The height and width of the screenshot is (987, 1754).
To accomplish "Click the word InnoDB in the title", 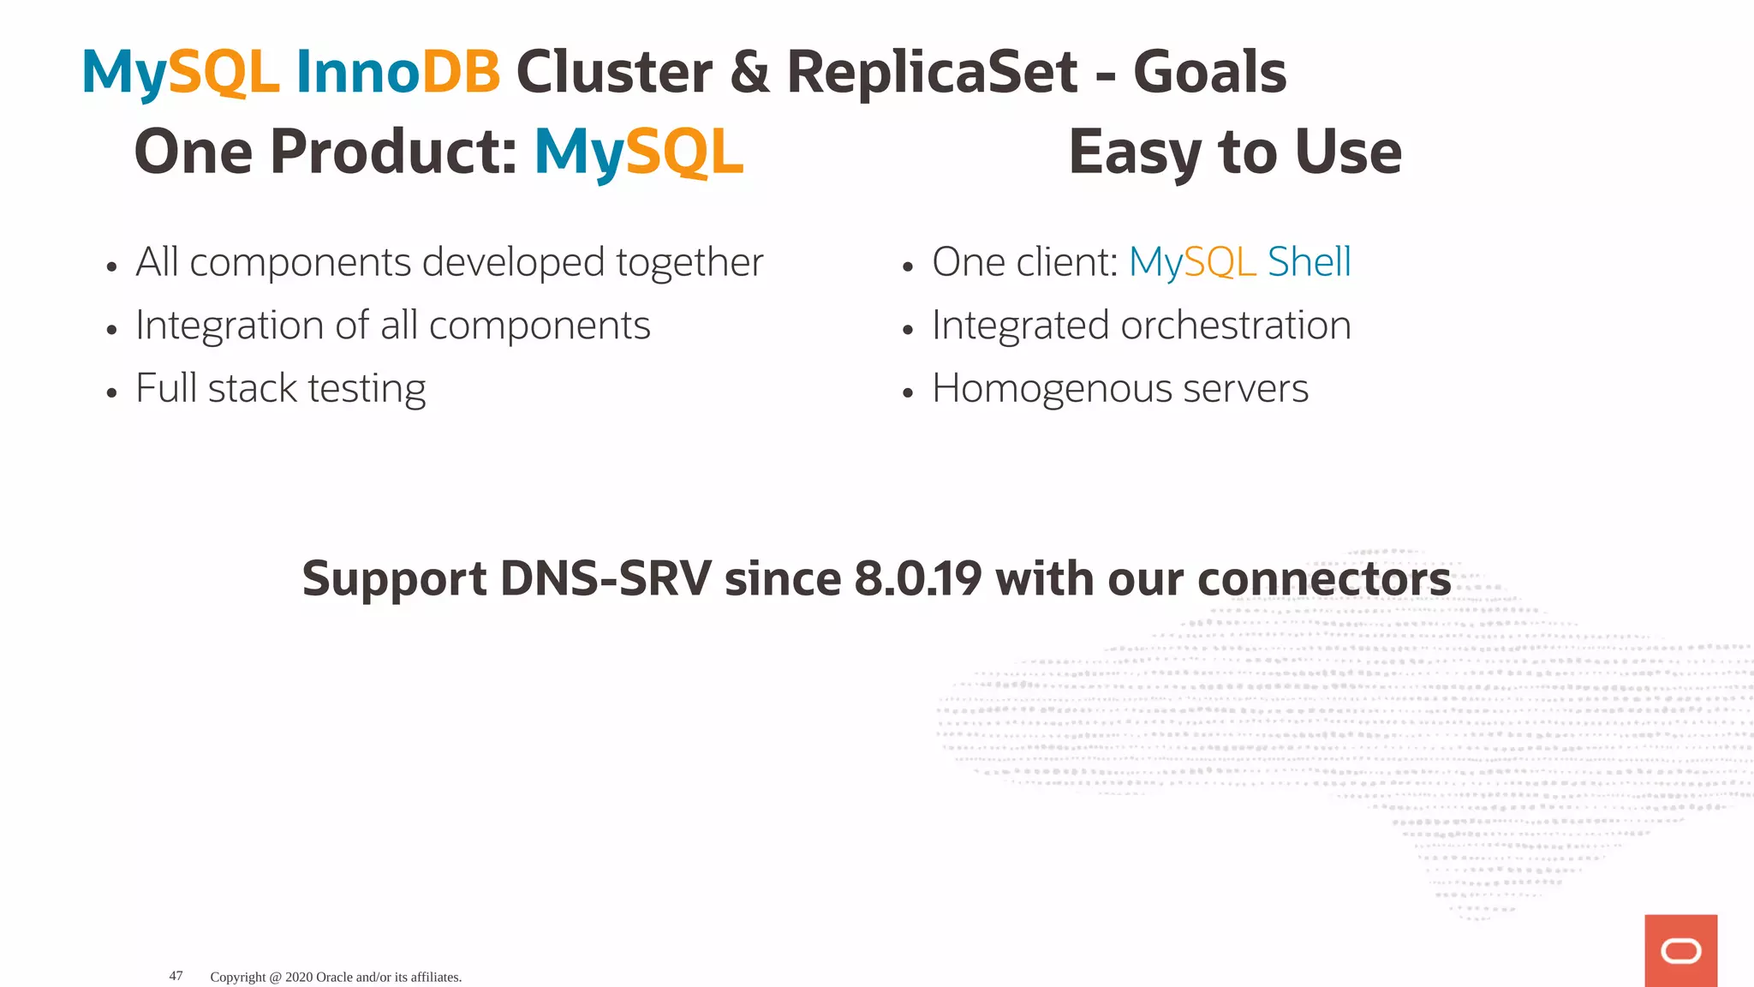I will tap(397, 72).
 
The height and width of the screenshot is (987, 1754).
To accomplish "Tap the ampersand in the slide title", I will tap(750, 72).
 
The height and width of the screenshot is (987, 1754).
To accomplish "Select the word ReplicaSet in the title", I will tap(932, 72).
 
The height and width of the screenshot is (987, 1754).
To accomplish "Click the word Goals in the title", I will tap(1209, 72).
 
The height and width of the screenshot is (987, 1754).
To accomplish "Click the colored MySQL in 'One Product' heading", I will tap(639, 153).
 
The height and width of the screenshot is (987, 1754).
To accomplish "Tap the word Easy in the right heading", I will tap(1136, 153).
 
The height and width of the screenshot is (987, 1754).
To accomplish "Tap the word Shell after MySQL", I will tap(1309, 262).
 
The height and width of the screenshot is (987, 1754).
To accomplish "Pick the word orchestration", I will tap(1235, 326).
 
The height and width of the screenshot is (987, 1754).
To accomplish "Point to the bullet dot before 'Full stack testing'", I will tap(111, 393).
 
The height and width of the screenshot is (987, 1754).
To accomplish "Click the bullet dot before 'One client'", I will tap(908, 267).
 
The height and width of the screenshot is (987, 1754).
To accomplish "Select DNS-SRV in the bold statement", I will tap(605, 579).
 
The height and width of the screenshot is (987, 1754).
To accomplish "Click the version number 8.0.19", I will tap(917, 579).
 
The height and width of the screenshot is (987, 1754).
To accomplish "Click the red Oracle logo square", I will tap(1680, 950).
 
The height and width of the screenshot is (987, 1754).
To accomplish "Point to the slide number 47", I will tap(176, 976).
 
